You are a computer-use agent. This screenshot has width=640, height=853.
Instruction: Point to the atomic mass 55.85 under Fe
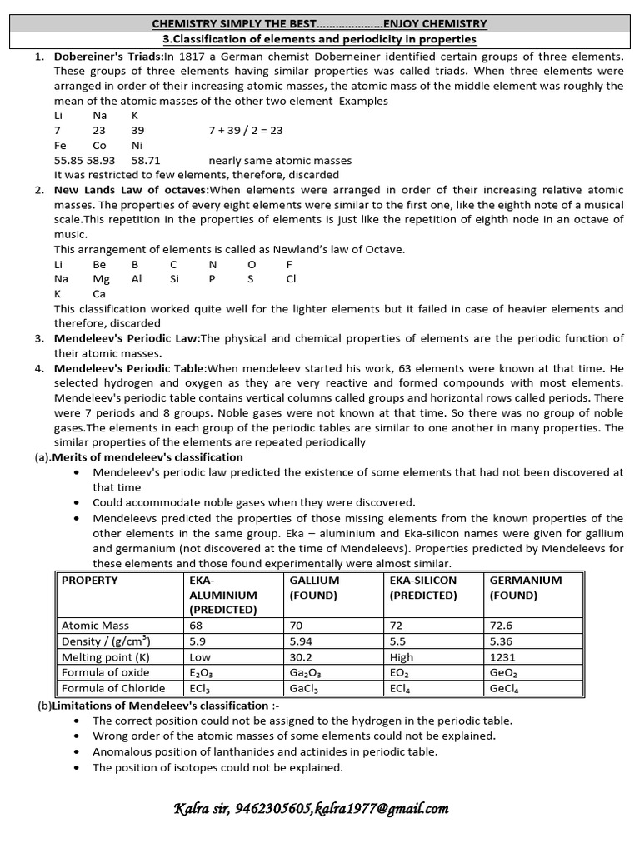coord(68,160)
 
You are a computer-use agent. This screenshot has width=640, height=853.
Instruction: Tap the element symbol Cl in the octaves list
coord(291,279)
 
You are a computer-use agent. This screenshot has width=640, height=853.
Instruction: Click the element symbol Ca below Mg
coord(100,293)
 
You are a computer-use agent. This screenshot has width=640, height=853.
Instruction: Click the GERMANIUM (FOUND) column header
coord(525,587)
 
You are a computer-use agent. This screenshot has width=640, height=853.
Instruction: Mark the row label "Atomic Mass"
coord(95,625)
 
